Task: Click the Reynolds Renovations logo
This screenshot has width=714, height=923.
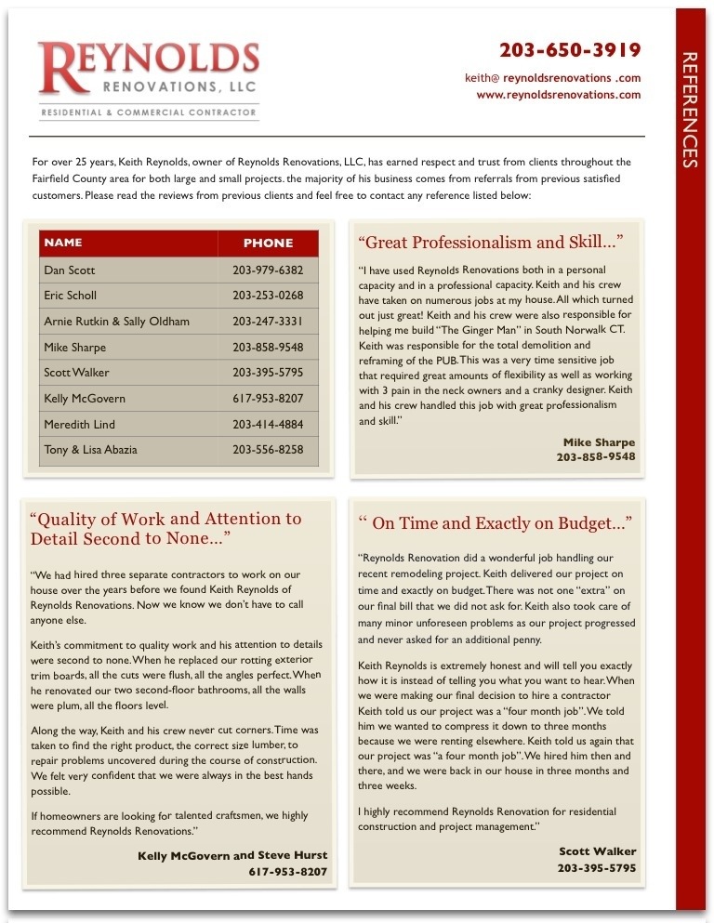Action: coord(149,70)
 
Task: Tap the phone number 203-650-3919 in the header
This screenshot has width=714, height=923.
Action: coord(570,50)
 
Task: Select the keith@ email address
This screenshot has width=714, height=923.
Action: coord(552,78)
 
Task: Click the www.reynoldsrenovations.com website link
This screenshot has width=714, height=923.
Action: coord(558,95)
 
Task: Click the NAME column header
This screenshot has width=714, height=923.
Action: coord(63,243)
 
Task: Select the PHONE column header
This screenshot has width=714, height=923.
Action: coord(268,244)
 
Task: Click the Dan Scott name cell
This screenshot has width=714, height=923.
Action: coord(70,270)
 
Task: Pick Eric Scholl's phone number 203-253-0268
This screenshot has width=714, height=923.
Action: coord(268,296)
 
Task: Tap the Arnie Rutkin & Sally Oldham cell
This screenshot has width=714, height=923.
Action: coord(116,322)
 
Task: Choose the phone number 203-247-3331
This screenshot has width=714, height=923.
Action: coord(268,322)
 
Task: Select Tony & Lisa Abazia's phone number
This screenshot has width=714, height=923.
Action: coord(268,450)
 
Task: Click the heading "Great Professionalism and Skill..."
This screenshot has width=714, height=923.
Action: coord(490,243)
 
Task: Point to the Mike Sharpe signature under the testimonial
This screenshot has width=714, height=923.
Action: coord(599,442)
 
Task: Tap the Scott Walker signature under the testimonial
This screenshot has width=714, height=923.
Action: coord(597,851)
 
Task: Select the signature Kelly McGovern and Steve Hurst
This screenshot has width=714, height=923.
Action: coord(232,855)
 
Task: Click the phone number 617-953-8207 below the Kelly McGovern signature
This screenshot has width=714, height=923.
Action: coord(287,872)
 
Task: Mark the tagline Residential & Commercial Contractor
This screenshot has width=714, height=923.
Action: coord(149,112)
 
